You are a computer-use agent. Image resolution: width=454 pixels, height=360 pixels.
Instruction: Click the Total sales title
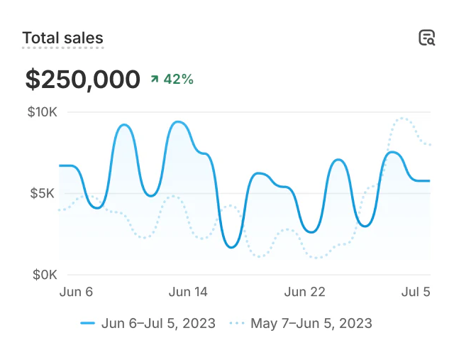pyautogui.click(x=62, y=38)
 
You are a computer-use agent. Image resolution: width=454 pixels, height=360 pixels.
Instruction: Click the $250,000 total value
pyautogui.click(x=83, y=79)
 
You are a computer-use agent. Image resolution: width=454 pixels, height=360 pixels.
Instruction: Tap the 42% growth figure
pyautogui.click(x=179, y=79)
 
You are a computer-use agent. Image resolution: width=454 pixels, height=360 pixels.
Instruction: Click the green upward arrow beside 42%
pyautogui.click(x=154, y=79)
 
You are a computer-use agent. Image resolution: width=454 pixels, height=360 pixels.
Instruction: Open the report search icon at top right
pyautogui.click(x=426, y=38)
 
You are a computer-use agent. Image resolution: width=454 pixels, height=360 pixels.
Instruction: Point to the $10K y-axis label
pyautogui.click(x=42, y=111)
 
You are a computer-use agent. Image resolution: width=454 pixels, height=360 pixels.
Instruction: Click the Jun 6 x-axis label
pyautogui.click(x=77, y=292)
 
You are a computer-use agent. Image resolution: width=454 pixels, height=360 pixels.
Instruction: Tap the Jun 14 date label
pyautogui.click(x=188, y=292)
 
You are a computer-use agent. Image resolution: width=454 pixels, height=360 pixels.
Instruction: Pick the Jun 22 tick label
pyautogui.click(x=304, y=292)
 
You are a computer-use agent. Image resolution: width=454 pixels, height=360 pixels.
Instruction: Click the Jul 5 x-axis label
pyautogui.click(x=416, y=292)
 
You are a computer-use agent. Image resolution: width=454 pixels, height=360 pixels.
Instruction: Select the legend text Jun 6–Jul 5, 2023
pyautogui.click(x=158, y=323)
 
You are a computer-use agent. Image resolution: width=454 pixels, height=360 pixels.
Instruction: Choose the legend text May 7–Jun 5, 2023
pyautogui.click(x=311, y=323)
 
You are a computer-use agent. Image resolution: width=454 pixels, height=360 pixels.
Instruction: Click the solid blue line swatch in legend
pyautogui.click(x=87, y=323)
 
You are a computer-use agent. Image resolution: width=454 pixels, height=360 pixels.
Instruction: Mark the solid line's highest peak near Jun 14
pyautogui.click(x=179, y=122)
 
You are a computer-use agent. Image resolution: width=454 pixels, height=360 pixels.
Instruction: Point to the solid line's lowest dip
pyautogui.click(x=231, y=247)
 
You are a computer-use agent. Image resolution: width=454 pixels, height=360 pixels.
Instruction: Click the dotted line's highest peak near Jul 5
pyautogui.click(x=404, y=118)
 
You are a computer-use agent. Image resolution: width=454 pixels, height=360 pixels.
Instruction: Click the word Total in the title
pyautogui.click(x=40, y=38)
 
